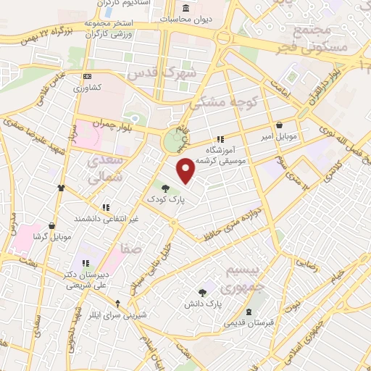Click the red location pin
pyautogui.click(x=187, y=170)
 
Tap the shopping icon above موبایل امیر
pyautogui.click(x=280, y=125)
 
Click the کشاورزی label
pyautogui.click(x=88, y=88)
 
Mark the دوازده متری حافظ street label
pyautogui.click(x=231, y=223)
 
